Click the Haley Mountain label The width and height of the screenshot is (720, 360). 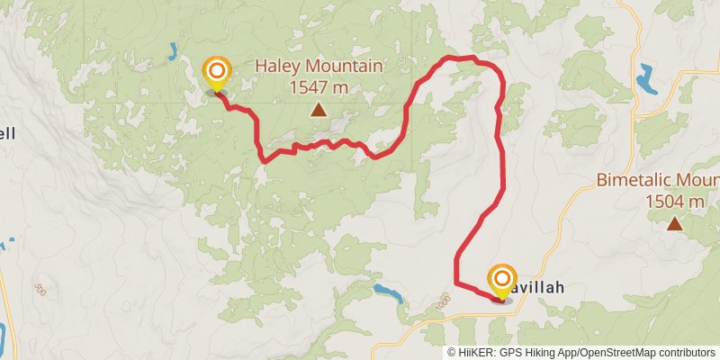point(319,67)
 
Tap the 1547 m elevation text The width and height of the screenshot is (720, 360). point(319,87)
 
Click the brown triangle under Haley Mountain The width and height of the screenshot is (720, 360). point(318,110)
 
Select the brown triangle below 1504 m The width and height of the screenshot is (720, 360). point(674,223)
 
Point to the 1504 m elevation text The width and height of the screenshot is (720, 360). point(674,202)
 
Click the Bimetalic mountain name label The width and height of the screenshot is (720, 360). point(658,180)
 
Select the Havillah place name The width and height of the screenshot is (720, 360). point(540,288)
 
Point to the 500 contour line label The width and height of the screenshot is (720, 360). point(39,289)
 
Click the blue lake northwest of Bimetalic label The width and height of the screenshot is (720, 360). point(647,79)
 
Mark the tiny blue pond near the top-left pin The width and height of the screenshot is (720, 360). point(171,52)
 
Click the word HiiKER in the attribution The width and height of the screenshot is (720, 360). point(478,353)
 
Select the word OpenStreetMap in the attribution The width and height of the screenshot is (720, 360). point(615,353)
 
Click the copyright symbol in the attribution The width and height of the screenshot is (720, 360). point(452,353)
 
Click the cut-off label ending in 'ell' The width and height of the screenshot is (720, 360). point(7,133)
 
